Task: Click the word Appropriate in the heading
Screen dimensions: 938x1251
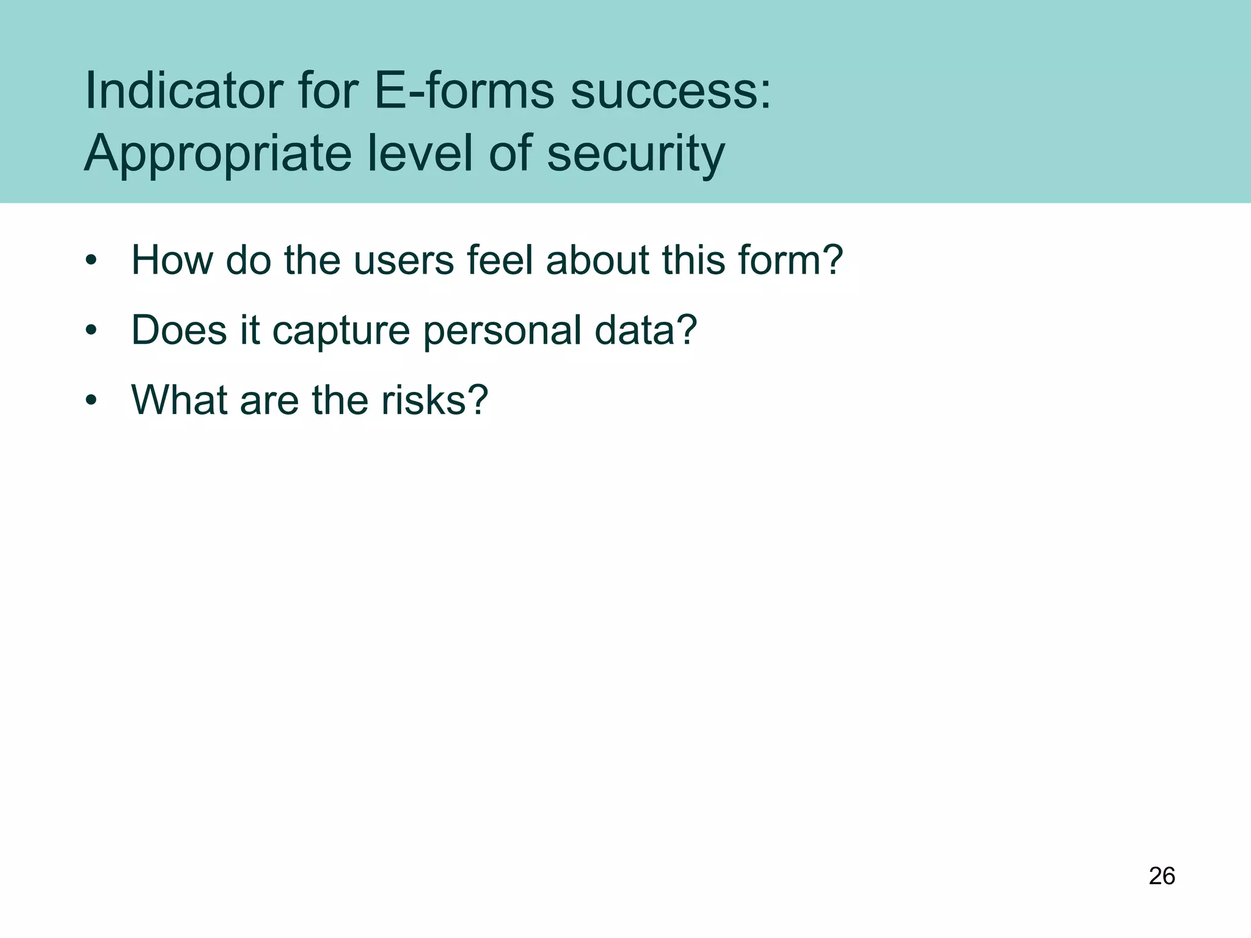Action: (217, 154)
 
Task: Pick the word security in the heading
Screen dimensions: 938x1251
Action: (635, 154)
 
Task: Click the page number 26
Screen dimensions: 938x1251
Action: (1162, 876)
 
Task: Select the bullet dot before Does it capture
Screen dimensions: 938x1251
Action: (91, 331)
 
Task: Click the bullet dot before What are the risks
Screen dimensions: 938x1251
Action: (91, 401)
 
